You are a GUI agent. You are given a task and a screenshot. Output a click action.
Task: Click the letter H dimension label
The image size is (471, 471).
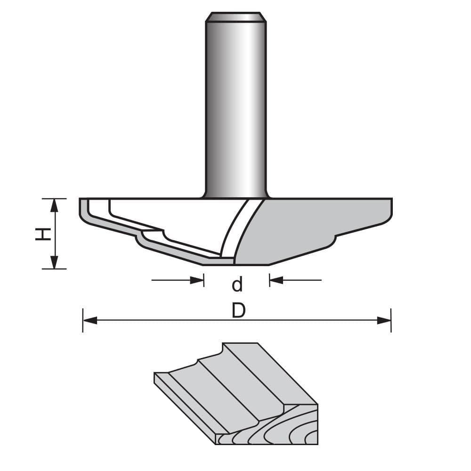(x=43, y=234)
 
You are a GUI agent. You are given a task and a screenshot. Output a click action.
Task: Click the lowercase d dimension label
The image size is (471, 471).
(x=237, y=284)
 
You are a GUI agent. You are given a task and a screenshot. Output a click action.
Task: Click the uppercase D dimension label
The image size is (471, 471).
(x=238, y=310)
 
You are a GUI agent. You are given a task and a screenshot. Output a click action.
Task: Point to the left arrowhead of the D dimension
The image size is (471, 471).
(x=89, y=320)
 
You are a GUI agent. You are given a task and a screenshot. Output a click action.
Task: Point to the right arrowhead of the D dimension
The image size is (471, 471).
(x=384, y=320)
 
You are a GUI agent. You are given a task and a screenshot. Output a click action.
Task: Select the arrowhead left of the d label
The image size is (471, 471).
(x=197, y=280)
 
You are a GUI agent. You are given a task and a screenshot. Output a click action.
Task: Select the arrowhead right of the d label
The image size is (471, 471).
(x=276, y=280)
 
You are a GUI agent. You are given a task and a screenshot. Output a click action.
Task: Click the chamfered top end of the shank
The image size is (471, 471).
(x=235, y=17)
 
